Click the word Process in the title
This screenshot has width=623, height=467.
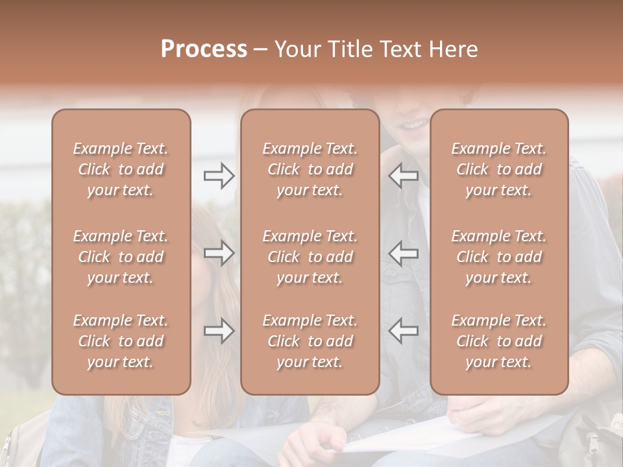point(204,49)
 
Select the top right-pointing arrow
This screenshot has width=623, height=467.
point(219,175)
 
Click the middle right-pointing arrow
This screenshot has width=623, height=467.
point(219,253)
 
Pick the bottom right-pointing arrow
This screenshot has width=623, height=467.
point(219,331)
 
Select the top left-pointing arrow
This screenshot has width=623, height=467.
point(404,175)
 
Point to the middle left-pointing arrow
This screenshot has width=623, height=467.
point(404,253)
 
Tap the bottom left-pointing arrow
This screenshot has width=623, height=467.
point(404,331)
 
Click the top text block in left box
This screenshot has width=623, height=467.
point(121,169)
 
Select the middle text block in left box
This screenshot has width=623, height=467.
point(121,257)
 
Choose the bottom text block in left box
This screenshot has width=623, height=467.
point(121,341)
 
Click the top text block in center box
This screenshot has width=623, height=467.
point(310,169)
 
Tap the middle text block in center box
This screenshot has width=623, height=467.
point(310,257)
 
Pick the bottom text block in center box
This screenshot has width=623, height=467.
point(310,341)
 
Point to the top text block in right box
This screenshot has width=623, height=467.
point(499,169)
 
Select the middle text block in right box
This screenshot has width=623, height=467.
point(499,257)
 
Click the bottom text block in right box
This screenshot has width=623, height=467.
point(499,341)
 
